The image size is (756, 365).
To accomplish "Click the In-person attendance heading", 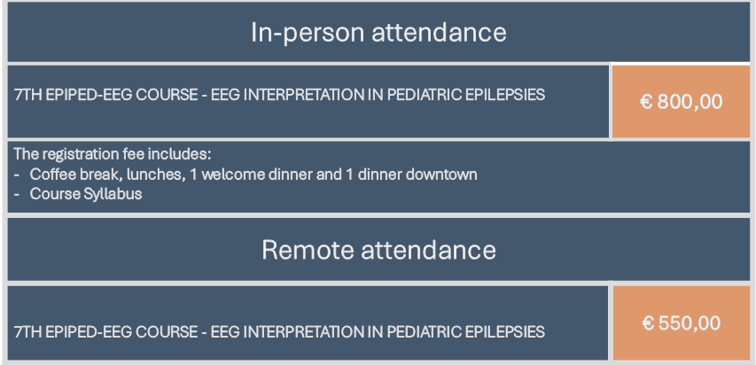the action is coord(378,33).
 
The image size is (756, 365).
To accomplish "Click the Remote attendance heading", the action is coord(378,250).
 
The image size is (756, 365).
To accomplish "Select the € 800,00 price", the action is coord(681,102).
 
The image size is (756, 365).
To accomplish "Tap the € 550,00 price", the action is coord(681,323).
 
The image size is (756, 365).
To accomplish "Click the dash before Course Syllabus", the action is coord(17,194).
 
